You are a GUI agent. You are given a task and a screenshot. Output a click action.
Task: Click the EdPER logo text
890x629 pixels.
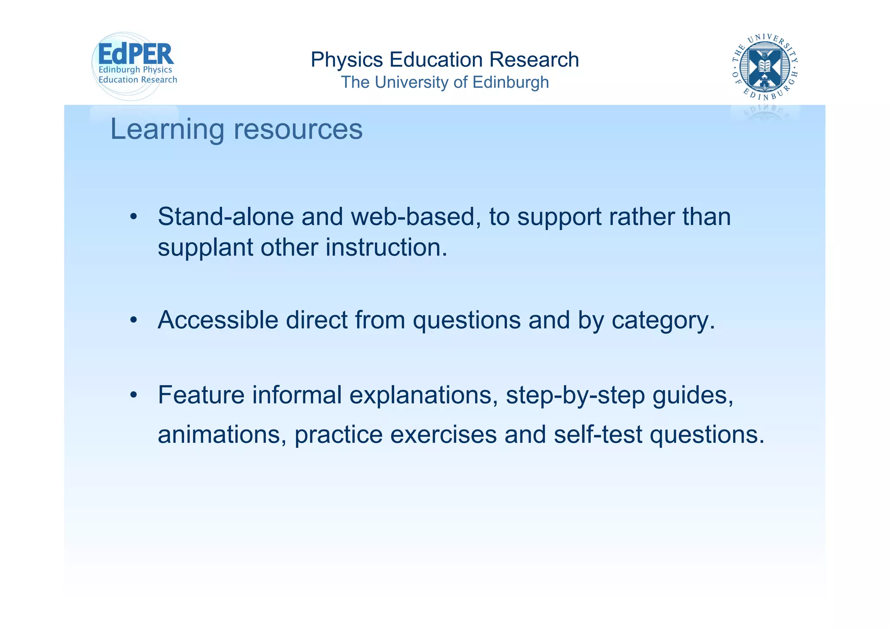pos(136,54)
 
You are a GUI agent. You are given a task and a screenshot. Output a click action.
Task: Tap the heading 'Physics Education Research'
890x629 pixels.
pos(445,60)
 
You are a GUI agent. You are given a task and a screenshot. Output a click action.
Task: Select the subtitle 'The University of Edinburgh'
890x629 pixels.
pos(445,82)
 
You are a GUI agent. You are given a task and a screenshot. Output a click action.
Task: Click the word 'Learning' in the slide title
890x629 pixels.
pos(167,130)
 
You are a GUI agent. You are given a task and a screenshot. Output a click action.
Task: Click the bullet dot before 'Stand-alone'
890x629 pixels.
pos(133,217)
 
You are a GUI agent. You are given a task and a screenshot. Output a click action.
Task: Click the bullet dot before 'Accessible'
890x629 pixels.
pos(133,320)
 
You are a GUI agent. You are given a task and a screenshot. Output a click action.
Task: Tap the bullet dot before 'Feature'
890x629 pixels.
pos(133,395)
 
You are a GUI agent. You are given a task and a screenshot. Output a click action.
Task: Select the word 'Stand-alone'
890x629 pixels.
pos(226,216)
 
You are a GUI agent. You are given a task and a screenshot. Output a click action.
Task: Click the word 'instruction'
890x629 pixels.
pos(386,247)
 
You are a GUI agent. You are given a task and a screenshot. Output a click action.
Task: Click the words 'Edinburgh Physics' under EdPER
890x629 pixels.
pos(135,70)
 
